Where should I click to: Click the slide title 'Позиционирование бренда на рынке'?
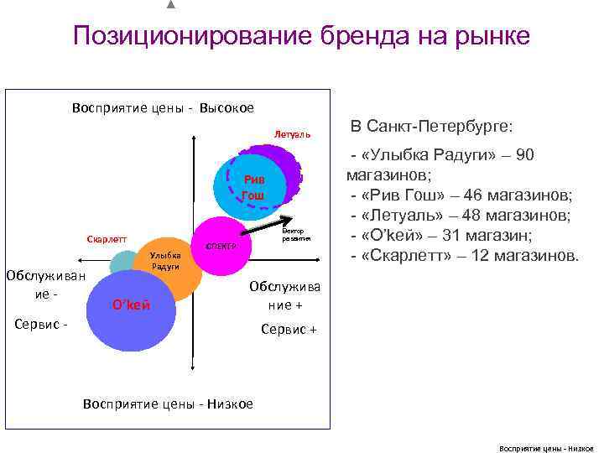tap(301, 36)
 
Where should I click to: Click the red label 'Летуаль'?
tap(292, 134)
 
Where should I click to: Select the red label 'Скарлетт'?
tap(107, 239)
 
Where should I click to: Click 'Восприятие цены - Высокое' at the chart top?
tap(163, 107)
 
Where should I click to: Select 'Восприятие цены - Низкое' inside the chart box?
tap(168, 404)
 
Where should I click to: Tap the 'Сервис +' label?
tap(289, 330)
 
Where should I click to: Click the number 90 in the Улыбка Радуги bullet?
tap(524, 155)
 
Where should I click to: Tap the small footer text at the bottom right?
tap(545, 448)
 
